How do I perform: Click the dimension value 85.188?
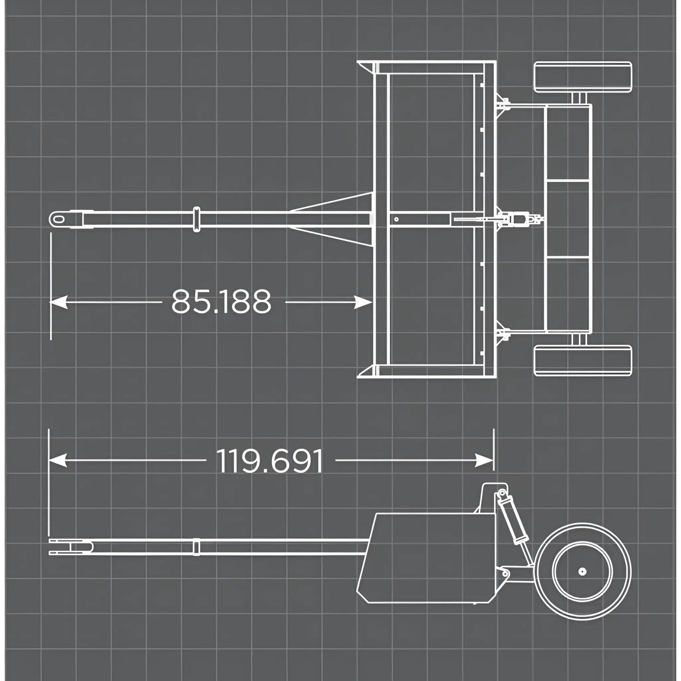221,302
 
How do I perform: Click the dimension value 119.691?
270,461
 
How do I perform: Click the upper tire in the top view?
583,77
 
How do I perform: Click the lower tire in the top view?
583,361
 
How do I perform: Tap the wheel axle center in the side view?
583,571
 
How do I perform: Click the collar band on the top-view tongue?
197,219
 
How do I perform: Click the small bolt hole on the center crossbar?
396,219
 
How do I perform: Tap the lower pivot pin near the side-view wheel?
506,574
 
